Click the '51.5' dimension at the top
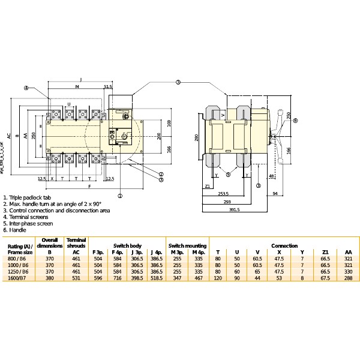click(108, 87)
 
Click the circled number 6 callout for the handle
click(295, 121)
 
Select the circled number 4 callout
click(26, 88)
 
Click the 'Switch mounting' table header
click(188, 246)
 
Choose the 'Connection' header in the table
click(284, 246)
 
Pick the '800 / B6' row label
click(17, 258)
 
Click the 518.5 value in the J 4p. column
click(157, 278)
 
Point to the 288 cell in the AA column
click(347, 278)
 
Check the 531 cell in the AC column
click(76, 278)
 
